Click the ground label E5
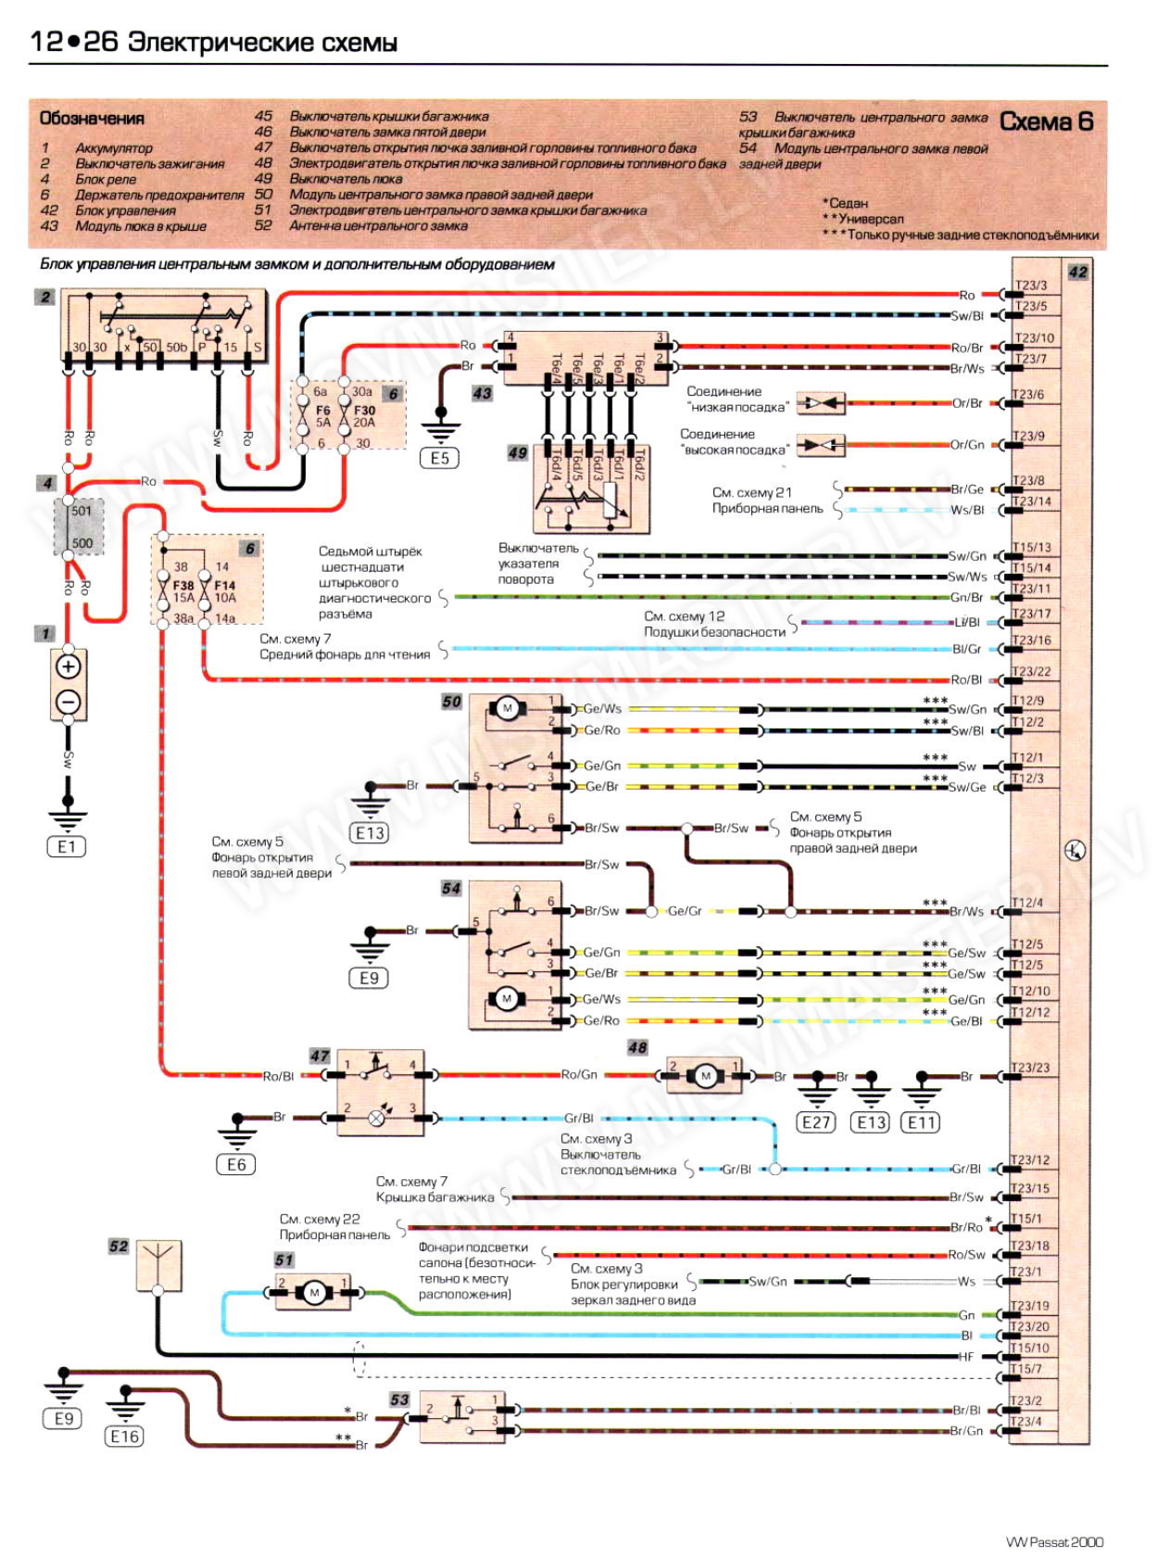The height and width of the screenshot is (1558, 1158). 439,458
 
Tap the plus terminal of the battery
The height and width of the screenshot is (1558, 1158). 69,666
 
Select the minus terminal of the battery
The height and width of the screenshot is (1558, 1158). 69,702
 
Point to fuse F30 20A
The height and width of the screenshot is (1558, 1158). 363,416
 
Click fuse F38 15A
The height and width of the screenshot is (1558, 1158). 183,591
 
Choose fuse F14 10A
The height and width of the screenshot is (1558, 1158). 224,591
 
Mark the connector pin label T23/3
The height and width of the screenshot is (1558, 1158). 1030,285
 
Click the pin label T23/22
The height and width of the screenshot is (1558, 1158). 1031,671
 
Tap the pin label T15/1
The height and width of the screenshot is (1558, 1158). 1026,1219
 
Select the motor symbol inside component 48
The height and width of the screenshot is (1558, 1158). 706,1076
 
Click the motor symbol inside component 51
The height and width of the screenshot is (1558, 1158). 313,1293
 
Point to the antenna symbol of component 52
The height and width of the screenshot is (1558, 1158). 158,1263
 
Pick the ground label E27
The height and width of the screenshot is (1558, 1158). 815,1122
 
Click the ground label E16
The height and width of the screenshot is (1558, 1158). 124,1437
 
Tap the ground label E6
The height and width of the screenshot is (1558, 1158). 236,1165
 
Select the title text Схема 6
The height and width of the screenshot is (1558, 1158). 1047,121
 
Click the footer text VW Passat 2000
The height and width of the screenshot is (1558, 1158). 1054,1542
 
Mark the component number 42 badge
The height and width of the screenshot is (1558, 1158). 1077,272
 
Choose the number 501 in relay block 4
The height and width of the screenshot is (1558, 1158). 82,511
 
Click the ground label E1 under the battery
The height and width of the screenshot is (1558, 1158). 67,846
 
